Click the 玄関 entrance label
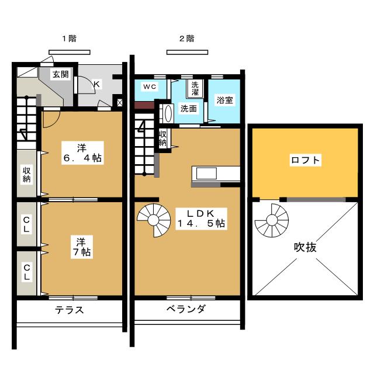(x=61, y=74)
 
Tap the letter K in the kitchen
(x=96, y=84)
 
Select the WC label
(x=150, y=86)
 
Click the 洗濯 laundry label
(x=195, y=88)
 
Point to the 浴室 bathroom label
(x=224, y=100)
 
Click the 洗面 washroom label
(x=188, y=109)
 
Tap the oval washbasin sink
(x=168, y=113)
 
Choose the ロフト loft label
(x=306, y=160)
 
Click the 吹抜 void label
(x=305, y=247)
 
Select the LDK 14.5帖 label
(x=201, y=219)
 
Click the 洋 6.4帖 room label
(x=82, y=153)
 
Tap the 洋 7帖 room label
(x=82, y=247)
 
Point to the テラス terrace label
(x=70, y=310)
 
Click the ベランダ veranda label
(x=186, y=309)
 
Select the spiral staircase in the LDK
(x=154, y=220)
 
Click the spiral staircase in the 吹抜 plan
(x=272, y=220)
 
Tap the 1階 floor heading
(x=70, y=38)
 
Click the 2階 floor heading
(x=187, y=38)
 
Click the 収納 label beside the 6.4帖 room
(x=26, y=175)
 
